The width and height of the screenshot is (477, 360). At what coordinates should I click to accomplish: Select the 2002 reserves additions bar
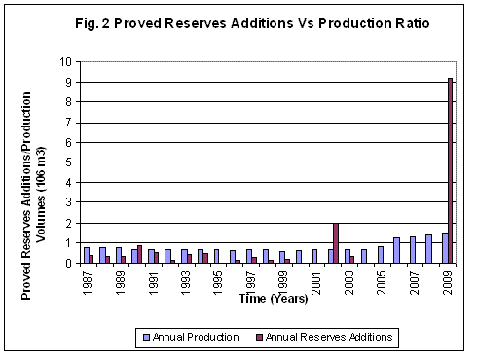(336, 243)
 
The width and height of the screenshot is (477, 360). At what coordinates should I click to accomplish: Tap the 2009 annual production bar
(444, 248)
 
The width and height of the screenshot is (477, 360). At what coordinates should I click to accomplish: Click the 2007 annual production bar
(412, 250)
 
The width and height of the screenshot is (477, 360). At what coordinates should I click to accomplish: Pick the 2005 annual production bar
(380, 255)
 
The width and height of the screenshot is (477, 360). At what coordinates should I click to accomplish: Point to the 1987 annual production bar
(86, 255)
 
